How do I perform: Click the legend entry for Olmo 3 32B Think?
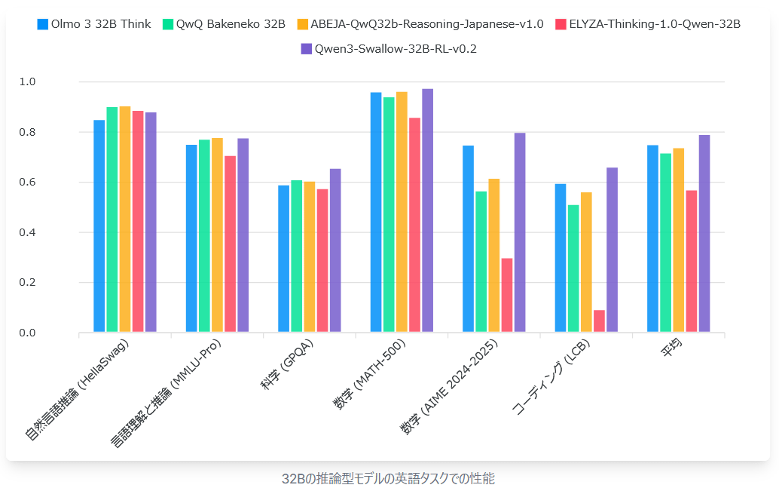(x=93, y=24)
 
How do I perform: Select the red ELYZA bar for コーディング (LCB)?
(x=599, y=321)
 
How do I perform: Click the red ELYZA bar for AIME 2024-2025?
(x=507, y=295)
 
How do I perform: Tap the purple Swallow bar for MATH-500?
(x=427, y=210)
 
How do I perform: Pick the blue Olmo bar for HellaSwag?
(x=99, y=226)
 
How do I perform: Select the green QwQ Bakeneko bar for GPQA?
(x=297, y=256)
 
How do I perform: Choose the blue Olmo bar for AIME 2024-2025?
(x=468, y=239)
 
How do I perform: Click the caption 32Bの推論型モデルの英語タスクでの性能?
(x=388, y=478)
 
